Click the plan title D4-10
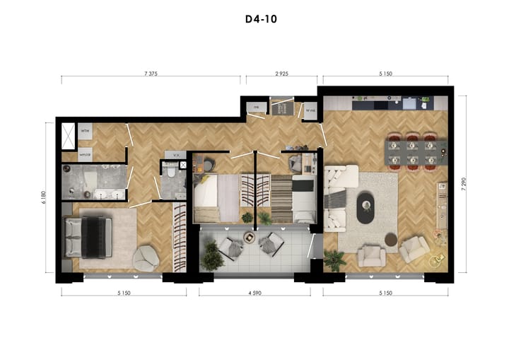tap(256, 19)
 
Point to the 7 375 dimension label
tap(149, 73)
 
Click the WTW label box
tap(85, 132)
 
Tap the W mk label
tap(310, 110)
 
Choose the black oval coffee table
tap(367, 207)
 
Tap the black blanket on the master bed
tap(94, 235)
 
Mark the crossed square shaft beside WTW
tap(69, 134)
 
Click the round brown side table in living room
tap(390, 239)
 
